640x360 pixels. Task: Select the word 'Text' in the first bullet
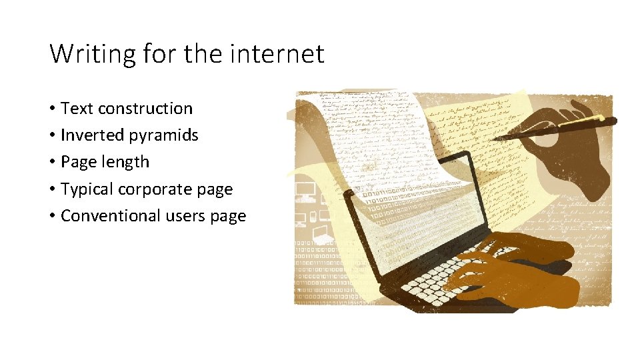(x=77, y=109)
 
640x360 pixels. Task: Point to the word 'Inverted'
(x=91, y=135)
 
